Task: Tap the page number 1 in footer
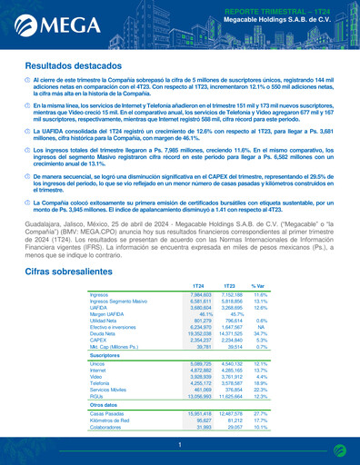tap(180, 445)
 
